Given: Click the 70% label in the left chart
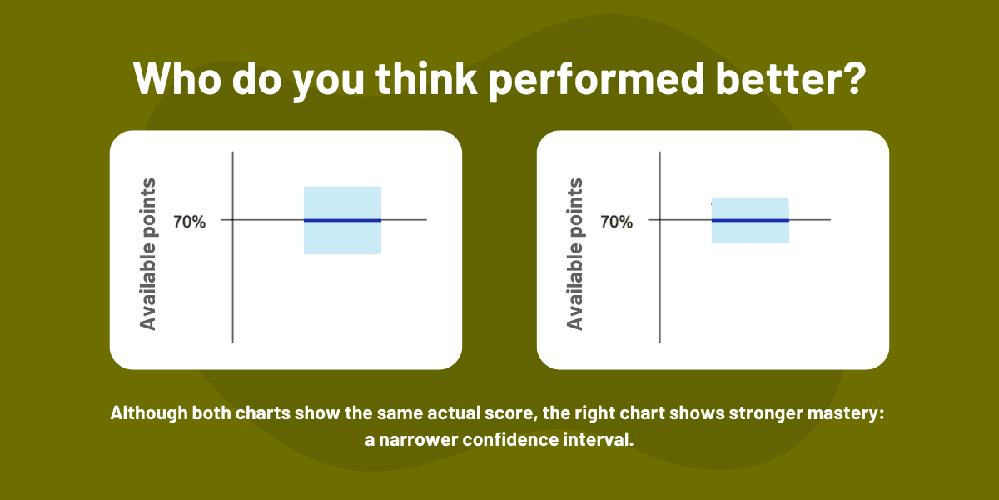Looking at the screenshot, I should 189,222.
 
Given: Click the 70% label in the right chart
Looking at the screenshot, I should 616,222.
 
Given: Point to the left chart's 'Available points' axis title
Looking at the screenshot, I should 148,252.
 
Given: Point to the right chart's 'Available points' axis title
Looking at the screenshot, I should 574,252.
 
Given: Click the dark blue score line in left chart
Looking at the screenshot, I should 342,220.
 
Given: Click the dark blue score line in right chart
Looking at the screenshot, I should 750,220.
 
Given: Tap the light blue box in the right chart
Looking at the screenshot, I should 750,232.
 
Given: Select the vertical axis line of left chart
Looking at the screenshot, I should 232,283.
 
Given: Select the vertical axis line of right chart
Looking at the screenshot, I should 660,283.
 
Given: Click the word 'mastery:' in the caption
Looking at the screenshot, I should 846,414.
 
